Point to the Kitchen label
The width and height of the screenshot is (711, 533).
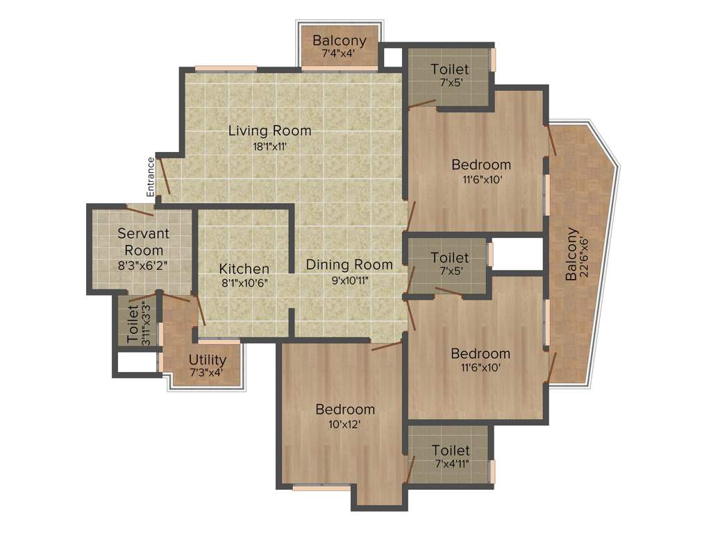[244, 269]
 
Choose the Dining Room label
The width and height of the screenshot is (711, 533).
[349, 264]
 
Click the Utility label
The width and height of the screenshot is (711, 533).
[208, 359]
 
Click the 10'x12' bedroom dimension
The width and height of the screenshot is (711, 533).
[344, 424]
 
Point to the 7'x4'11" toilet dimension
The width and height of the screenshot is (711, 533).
[451, 464]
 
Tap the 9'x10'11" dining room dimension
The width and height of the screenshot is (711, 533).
[349, 280]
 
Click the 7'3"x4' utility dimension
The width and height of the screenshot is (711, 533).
[208, 373]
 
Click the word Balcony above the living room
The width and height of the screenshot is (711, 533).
[339, 40]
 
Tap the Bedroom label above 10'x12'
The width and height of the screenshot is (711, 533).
[345, 409]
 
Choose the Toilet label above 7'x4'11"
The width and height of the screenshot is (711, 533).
[451, 450]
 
